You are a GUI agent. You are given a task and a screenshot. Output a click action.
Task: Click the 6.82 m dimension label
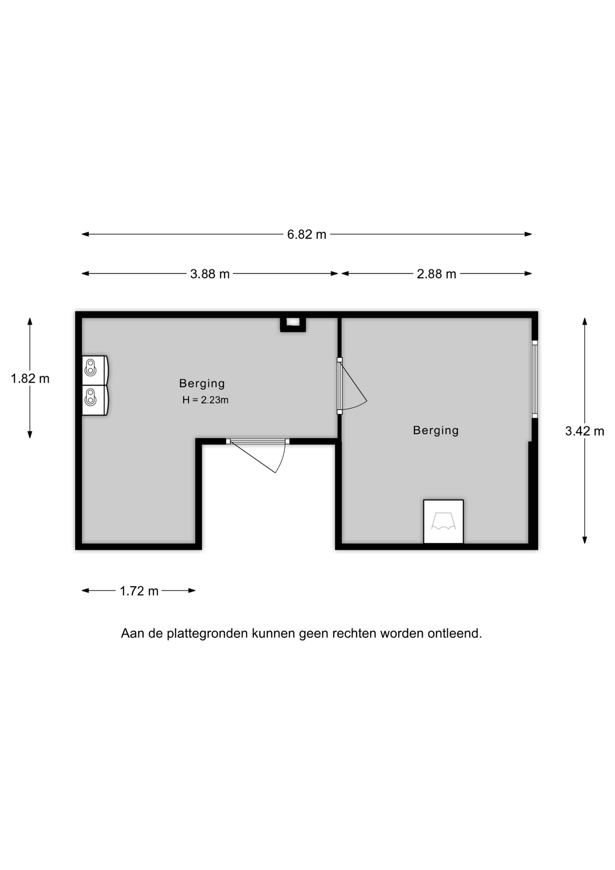[x=307, y=234]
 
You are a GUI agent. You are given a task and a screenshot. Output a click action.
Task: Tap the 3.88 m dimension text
[x=210, y=274]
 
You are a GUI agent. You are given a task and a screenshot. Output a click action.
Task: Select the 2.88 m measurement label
[x=436, y=274]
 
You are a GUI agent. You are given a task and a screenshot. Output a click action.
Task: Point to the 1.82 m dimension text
[x=30, y=378]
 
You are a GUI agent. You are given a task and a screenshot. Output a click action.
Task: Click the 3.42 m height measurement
[x=585, y=431]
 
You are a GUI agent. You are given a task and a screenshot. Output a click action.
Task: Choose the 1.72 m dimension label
[x=139, y=591]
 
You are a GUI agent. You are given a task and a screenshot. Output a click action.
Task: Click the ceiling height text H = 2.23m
[x=205, y=400]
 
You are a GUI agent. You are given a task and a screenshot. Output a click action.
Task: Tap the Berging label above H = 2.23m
[x=202, y=383]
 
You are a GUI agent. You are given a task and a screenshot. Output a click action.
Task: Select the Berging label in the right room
[x=436, y=430]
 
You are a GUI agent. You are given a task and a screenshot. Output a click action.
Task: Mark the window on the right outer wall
[x=534, y=379]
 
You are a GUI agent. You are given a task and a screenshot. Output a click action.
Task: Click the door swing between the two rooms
[x=353, y=386]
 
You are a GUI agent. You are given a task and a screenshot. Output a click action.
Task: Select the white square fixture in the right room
[x=443, y=521]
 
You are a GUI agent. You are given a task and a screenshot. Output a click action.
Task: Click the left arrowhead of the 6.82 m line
[x=85, y=234]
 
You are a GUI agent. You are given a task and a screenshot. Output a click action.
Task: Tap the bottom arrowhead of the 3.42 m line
[x=585, y=540]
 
